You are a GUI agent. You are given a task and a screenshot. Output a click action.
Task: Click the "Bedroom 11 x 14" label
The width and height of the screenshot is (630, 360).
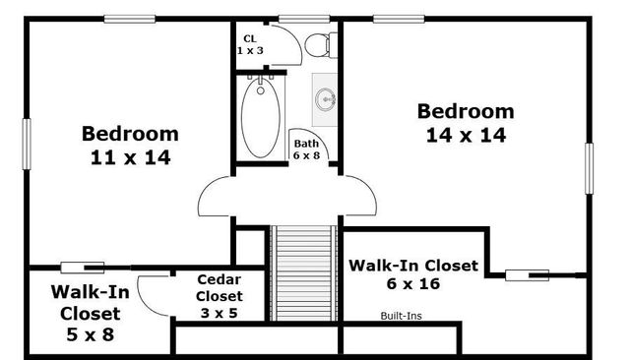[130, 145]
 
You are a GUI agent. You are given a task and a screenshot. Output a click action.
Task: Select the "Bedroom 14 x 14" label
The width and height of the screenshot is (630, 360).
[466, 123]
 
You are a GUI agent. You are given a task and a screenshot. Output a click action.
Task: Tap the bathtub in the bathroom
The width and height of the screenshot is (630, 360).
[261, 118]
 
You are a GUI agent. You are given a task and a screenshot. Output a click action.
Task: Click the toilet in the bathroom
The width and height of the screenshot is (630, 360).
[318, 44]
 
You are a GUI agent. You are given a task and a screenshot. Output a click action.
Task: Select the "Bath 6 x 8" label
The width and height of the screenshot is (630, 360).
[306, 150]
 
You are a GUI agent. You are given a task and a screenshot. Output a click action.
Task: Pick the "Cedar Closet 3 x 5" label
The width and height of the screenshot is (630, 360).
[219, 295]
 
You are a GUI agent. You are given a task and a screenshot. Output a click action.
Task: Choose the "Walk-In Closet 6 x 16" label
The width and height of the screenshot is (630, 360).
[413, 274]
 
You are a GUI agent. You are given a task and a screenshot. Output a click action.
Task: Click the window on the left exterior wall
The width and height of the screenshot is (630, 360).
[28, 145]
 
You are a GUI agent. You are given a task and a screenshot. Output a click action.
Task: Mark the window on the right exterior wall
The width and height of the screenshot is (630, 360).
[589, 168]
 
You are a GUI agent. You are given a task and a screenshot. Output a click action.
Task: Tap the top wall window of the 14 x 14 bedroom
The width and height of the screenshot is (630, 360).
[399, 19]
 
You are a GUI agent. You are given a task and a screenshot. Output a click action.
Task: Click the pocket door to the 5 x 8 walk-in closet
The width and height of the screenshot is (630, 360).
[83, 267]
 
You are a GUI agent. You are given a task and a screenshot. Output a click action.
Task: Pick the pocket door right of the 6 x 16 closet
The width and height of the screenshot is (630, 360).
[527, 274]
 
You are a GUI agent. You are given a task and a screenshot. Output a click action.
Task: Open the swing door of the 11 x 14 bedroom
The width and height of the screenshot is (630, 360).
[219, 197]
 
